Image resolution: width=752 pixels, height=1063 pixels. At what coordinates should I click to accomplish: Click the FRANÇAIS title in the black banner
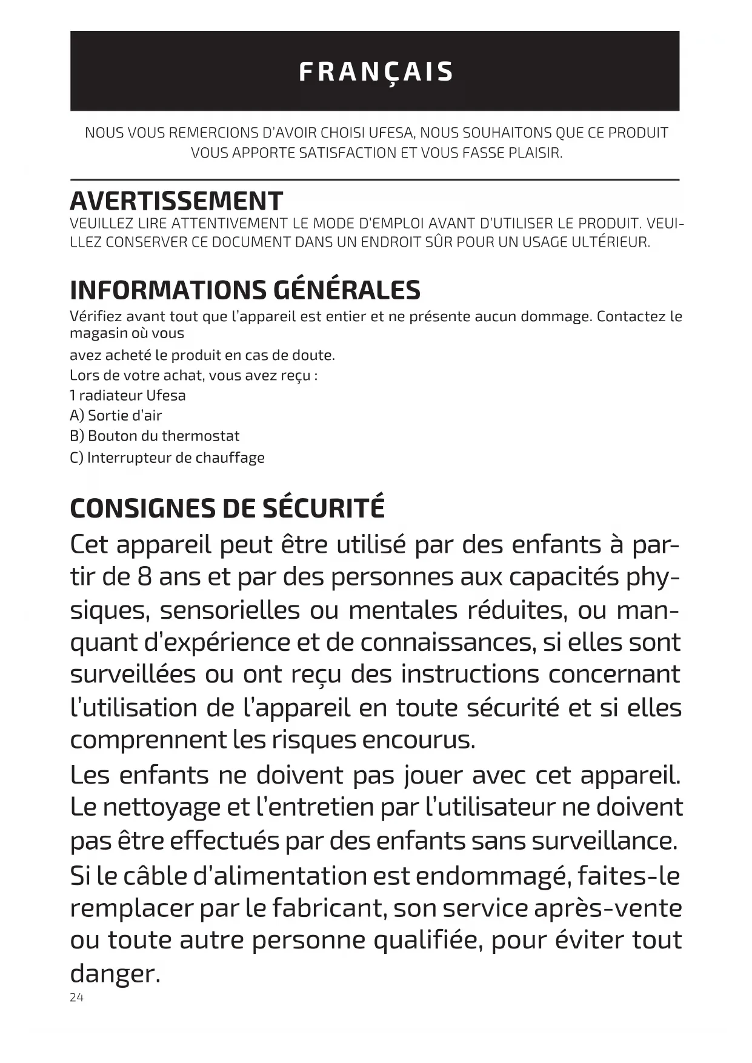(x=376, y=72)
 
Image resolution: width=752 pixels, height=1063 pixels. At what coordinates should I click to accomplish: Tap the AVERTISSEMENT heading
(x=176, y=201)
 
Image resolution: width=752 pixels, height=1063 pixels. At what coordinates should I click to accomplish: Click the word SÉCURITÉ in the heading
(x=324, y=508)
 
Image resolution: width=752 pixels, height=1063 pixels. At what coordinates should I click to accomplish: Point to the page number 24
(x=76, y=998)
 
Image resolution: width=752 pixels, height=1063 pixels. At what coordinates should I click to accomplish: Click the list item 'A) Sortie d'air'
(x=116, y=416)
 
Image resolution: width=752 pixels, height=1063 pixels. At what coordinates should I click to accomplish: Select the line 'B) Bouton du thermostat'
(x=155, y=436)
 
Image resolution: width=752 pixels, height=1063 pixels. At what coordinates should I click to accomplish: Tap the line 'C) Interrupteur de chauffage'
(x=167, y=458)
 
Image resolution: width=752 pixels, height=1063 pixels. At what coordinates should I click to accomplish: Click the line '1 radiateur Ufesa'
(x=128, y=396)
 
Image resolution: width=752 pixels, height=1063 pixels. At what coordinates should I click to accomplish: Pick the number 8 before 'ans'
(x=144, y=577)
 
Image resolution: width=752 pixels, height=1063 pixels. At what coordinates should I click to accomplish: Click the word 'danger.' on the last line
(x=115, y=974)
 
